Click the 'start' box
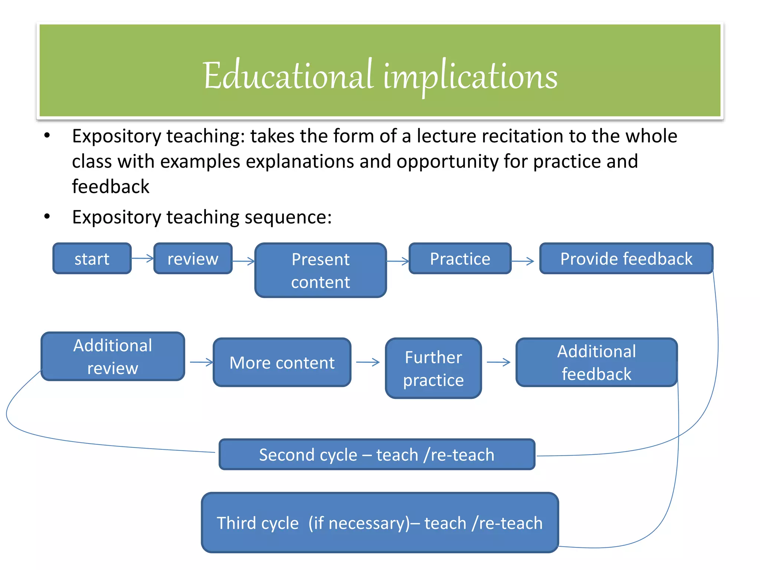pos(92,259)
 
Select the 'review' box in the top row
pos(193,259)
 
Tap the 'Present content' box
pos(321,271)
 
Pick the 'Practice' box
pos(460,259)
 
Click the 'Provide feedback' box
pos(626,259)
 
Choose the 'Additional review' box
pos(113,357)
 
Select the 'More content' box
pos(282,363)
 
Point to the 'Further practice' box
pos(433,368)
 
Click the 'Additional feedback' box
pos(596,363)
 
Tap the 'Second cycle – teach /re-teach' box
pos(377,455)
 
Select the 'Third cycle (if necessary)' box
pos(380,523)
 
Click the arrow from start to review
pos(142,258)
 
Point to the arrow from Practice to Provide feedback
pos(522,261)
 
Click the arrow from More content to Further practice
pos(368,362)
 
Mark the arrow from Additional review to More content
pos(202,362)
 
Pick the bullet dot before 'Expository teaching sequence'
pos(47,217)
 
